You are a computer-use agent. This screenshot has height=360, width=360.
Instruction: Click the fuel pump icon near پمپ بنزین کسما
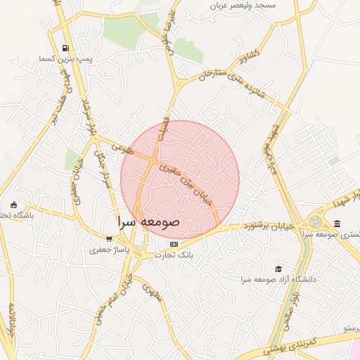click(65, 49)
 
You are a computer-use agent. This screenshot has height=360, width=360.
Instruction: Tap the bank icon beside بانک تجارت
click(174, 244)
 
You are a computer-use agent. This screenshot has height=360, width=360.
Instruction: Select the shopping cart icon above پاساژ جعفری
click(108, 238)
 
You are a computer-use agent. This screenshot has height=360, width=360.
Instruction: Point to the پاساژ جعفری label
click(108, 249)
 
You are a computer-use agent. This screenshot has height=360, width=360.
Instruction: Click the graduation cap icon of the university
click(278, 269)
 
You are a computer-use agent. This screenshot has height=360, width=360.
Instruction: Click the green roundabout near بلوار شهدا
click(314, 222)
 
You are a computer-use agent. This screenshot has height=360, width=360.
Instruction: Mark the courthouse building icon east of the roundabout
click(337, 224)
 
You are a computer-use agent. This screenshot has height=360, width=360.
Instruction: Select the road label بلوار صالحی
click(289, 313)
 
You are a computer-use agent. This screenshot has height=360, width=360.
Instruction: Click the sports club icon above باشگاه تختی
click(14, 205)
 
